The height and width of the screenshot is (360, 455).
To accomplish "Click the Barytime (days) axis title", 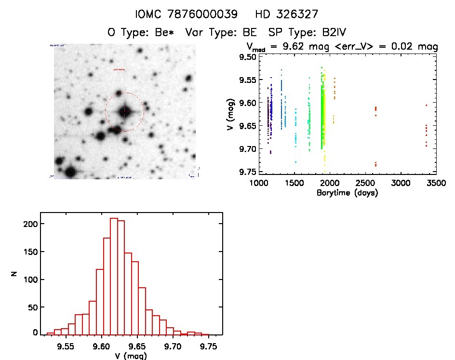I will click(347, 193).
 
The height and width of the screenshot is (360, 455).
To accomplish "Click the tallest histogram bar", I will click(114, 276).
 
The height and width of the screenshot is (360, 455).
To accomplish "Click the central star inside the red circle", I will click(125, 112).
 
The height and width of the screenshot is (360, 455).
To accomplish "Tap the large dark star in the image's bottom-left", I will click(70, 172).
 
